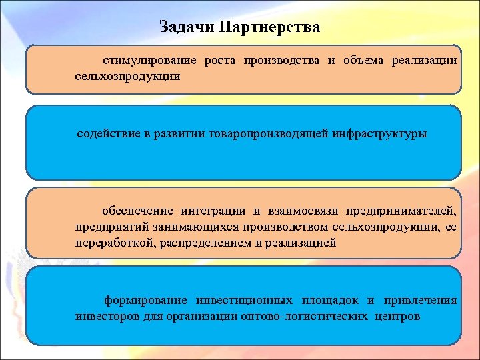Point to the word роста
click(221, 61)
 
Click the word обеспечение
click(137, 211)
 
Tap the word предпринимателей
click(401, 211)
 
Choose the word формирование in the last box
click(146, 300)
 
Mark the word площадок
click(331, 300)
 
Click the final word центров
click(397, 316)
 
